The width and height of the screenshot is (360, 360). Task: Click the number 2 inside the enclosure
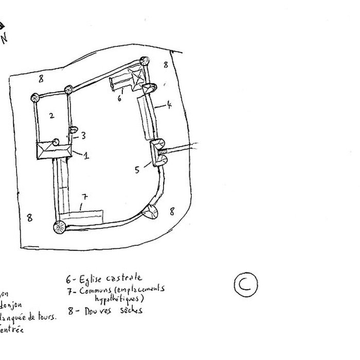pyautogui.click(x=51, y=116)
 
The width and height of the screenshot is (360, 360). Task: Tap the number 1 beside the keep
pyautogui.click(x=86, y=155)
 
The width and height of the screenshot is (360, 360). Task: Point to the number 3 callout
pyautogui.click(x=83, y=135)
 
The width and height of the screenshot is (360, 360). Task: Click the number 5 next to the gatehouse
pyautogui.click(x=137, y=169)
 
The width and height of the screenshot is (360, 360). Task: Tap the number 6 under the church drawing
pyautogui.click(x=119, y=97)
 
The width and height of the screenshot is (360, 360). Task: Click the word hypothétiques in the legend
pyautogui.click(x=119, y=299)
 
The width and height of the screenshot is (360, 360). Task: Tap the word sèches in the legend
pyautogui.click(x=131, y=310)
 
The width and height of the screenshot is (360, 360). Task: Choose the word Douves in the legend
pyautogui.click(x=98, y=311)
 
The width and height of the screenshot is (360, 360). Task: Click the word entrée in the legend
pyautogui.click(x=11, y=330)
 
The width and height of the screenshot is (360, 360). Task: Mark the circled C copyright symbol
pyautogui.click(x=245, y=284)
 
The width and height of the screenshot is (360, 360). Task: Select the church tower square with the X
pyautogui.click(x=139, y=77)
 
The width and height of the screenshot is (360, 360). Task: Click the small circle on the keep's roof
pyautogui.click(x=56, y=141)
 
